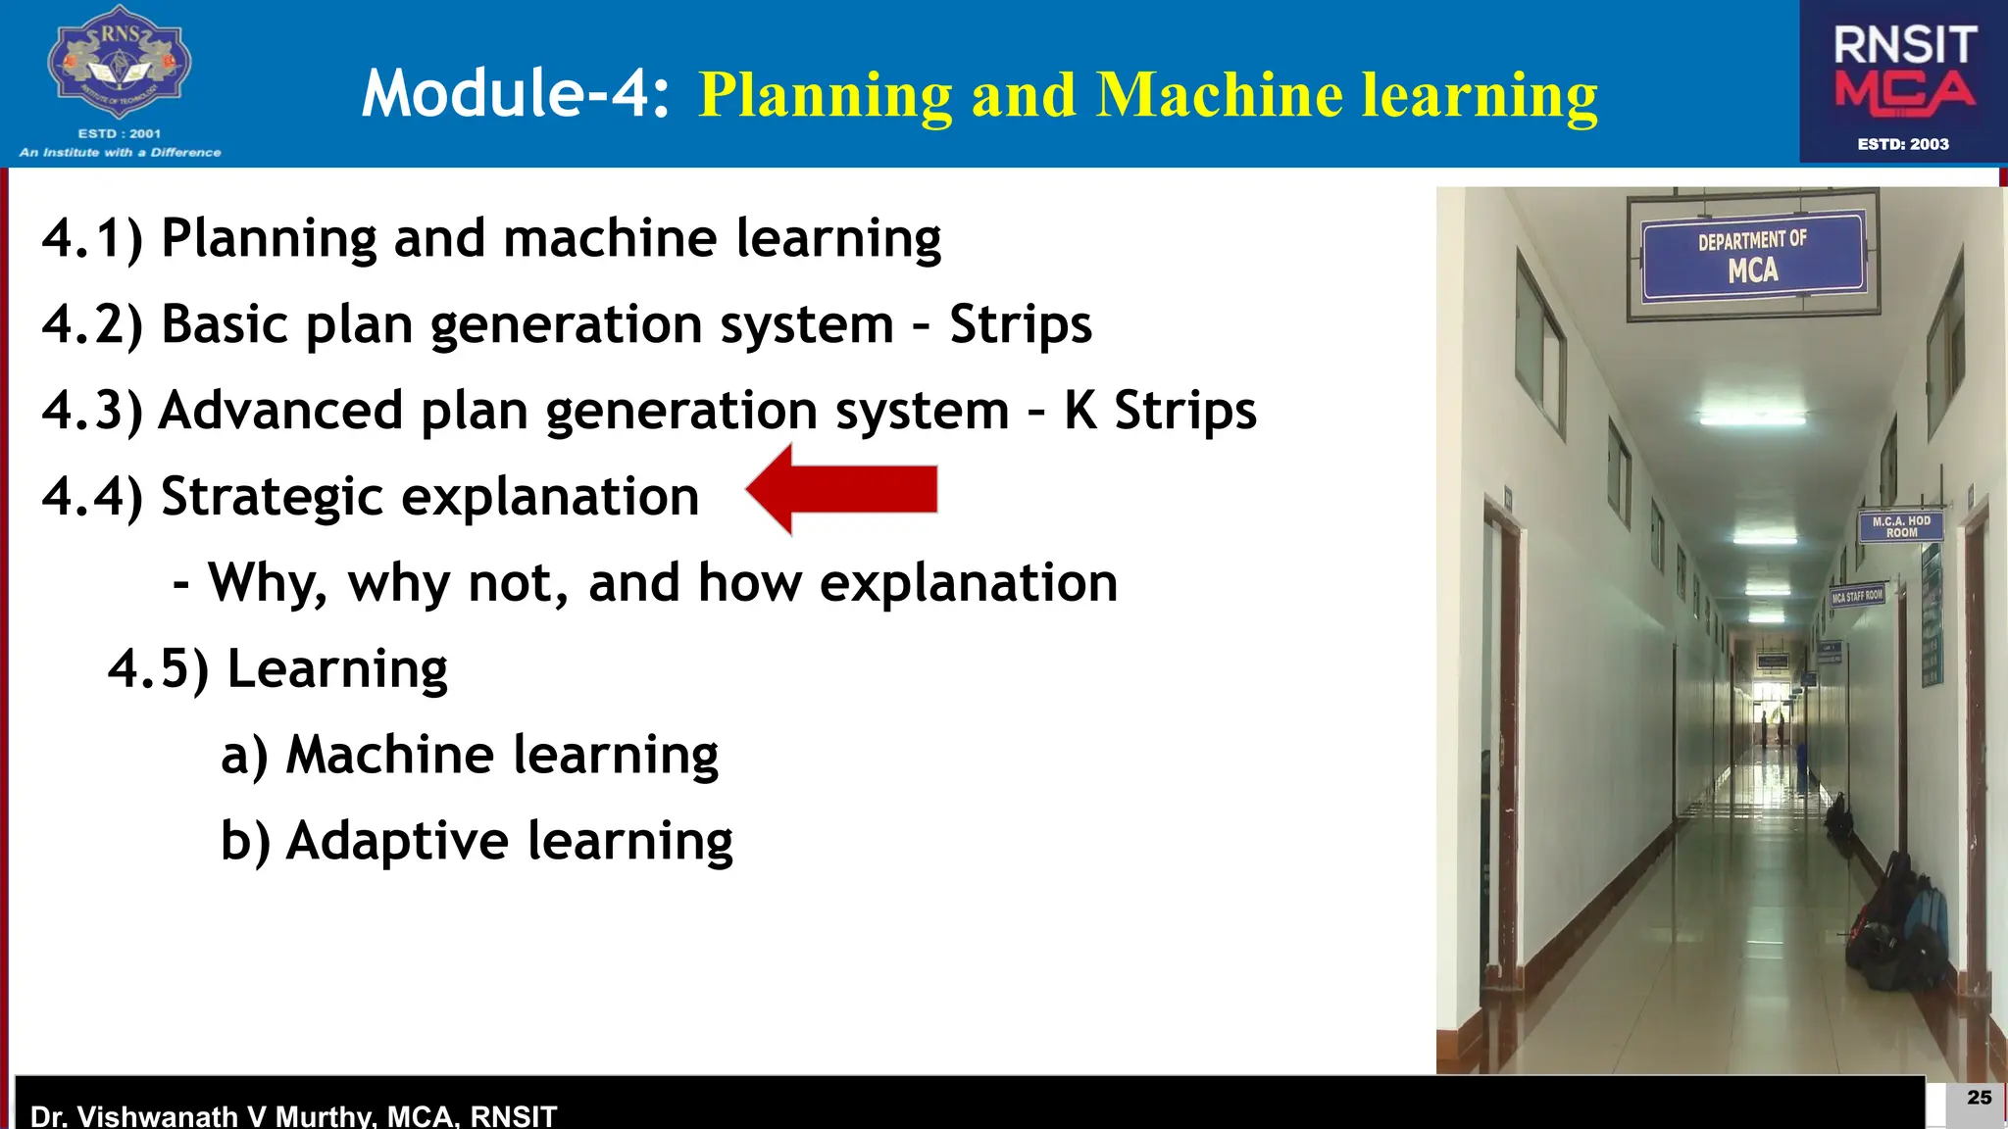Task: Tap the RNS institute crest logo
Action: (x=119, y=64)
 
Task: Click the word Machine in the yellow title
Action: (x=1220, y=96)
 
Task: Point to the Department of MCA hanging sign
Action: (x=1752, y=256)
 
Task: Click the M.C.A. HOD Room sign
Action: (x=1900, y=526)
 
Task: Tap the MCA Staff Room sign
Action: (x=1857, y=596)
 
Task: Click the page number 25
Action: (x=1979, y=1098)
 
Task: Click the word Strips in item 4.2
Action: (x=1020, y=324)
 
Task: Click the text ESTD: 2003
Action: (x=1903, y=144)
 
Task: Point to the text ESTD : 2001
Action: (x=119, y=133)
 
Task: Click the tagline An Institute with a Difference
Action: (x=120, y=152)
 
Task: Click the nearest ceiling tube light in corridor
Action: (x=1752, y=418)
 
